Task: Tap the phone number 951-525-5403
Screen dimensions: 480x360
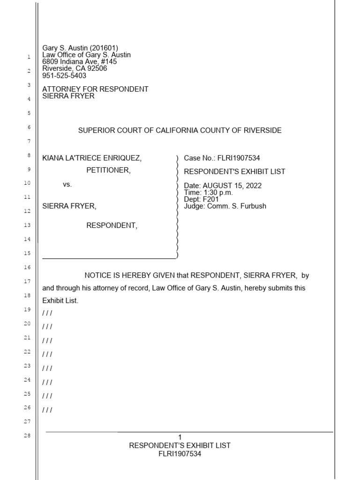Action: coord(64,75)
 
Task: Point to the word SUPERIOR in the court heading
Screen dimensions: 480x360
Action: coord(95,130)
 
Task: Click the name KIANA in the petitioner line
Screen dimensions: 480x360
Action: coord(53,158)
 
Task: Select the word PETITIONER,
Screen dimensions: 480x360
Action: coord(108,170)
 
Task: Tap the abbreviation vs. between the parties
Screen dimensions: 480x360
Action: coord(67,185)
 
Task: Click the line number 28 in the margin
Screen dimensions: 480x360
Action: coord(27,436)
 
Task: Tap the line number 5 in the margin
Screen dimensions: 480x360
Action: coord(28,113)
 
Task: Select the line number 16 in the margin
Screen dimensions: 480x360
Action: coord(27,267)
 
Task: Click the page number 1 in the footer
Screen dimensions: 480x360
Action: coord(180,437)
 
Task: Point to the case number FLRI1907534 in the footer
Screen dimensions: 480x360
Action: coord(180,454)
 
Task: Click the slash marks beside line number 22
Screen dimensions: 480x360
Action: coord(47,354)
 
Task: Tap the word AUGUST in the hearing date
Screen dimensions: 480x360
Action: coord(217,186)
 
